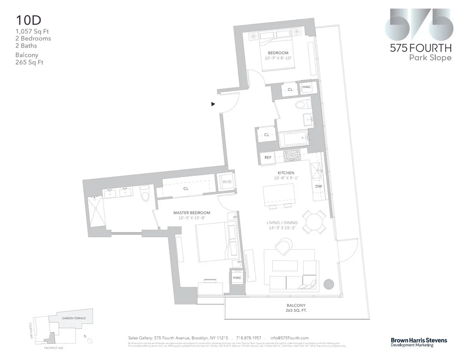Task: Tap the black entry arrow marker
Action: (x=213, y=104)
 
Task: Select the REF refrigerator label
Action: (x=268, y=157)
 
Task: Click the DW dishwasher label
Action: (x=318, y=186)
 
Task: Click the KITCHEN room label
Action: (x=285, y=173)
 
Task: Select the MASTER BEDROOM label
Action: (x=192, y=213)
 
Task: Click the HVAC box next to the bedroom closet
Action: (x=307, y=88)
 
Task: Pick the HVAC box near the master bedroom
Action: (x=237, y=278)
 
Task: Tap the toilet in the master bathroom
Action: (x=145, y=193)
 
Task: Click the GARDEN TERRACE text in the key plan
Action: (x=74, y=318)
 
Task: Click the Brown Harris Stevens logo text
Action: (x=419, y=340)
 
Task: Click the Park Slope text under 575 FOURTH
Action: (x=430, y=58)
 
